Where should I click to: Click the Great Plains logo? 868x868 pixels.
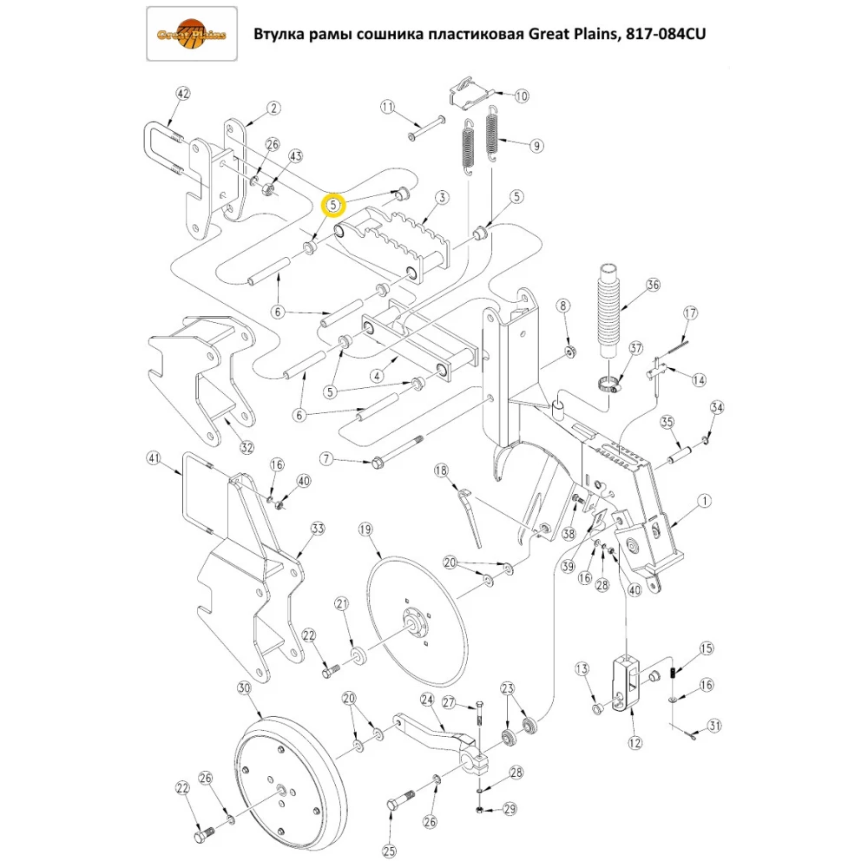(x=191, y=35)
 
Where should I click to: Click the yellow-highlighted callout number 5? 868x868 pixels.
(x=333, y=205)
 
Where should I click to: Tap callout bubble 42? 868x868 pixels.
(x=182, y=94)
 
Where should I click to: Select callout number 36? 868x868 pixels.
(x=653, y=285)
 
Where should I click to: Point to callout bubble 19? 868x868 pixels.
(x=365, y=529)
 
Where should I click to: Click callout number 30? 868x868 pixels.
(x=243, y=688)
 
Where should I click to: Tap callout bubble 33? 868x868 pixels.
(x=318, y=529)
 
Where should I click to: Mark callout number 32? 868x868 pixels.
(x=247, y=448)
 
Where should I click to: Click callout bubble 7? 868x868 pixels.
(x=326, y=457)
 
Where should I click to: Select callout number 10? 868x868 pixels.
(x=521, y=96)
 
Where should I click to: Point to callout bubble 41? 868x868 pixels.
(x=154, y=457)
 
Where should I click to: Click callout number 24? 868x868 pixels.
(x=427, y=699)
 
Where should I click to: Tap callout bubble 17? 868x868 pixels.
(x=691, y=312)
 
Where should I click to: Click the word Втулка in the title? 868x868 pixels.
(x=281, y=35)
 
